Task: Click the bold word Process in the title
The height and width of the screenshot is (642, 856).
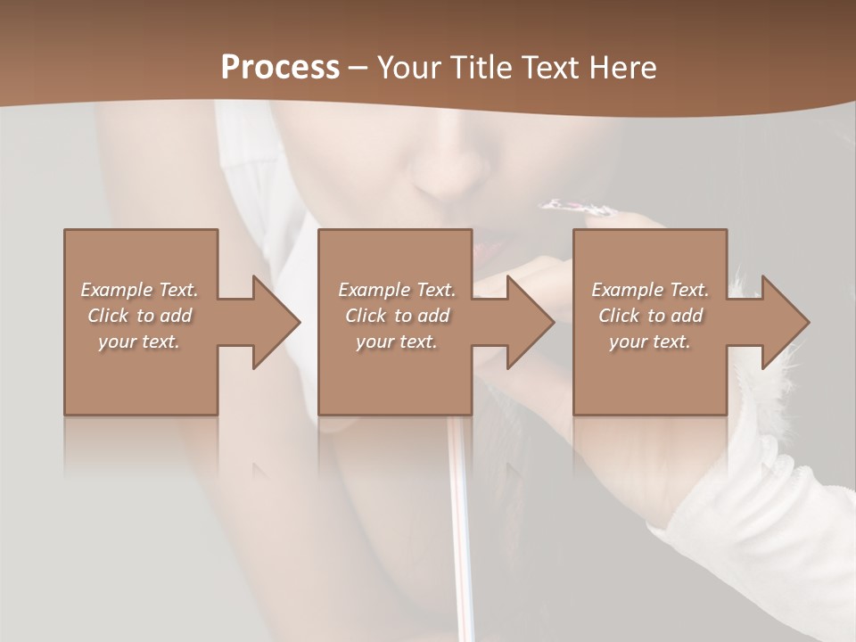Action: [x=280, y=68]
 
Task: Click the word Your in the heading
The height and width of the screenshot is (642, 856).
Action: [x=409, y=68]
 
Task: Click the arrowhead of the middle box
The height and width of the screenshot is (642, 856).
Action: [x=529, y=322]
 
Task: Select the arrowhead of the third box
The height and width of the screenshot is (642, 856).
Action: [x=783, y=322]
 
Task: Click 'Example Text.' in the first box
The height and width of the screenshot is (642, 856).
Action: [x=140, y=290]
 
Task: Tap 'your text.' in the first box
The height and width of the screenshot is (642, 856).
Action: [x=140, y=342]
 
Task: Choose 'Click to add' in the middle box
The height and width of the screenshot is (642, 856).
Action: [x=397, y=316]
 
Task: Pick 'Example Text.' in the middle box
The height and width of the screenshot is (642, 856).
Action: [x=397, y=290]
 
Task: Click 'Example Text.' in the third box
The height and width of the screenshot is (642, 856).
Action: [x=650, y=290]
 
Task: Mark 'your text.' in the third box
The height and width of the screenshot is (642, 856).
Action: [x=650, y=342]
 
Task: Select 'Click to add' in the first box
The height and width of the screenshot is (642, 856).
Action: [x=140, y=316]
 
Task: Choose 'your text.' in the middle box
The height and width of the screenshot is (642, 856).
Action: [x=397, y=342]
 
